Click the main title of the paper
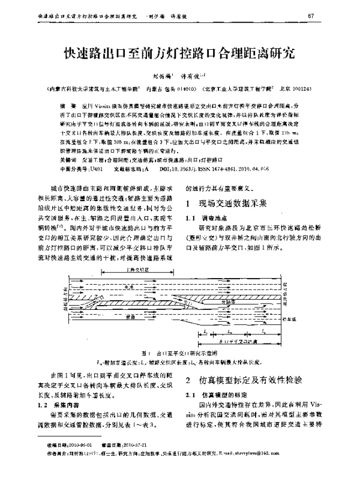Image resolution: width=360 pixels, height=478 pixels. (180, 53)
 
